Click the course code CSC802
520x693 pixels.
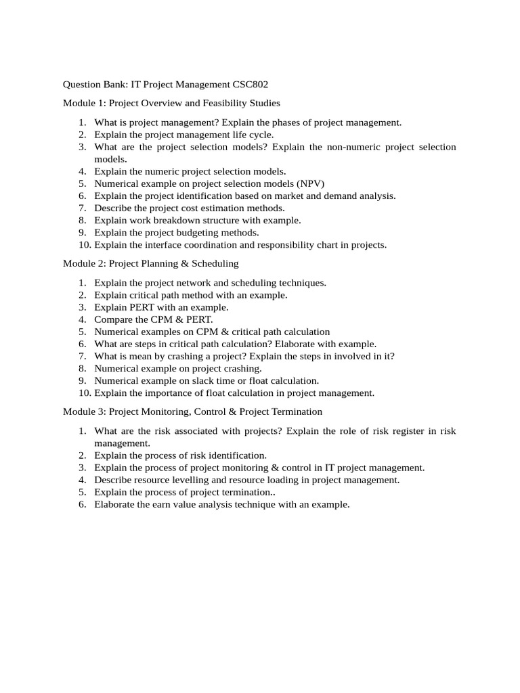(x=255, y=85)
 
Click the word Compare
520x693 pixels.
(x=112, y=319)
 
